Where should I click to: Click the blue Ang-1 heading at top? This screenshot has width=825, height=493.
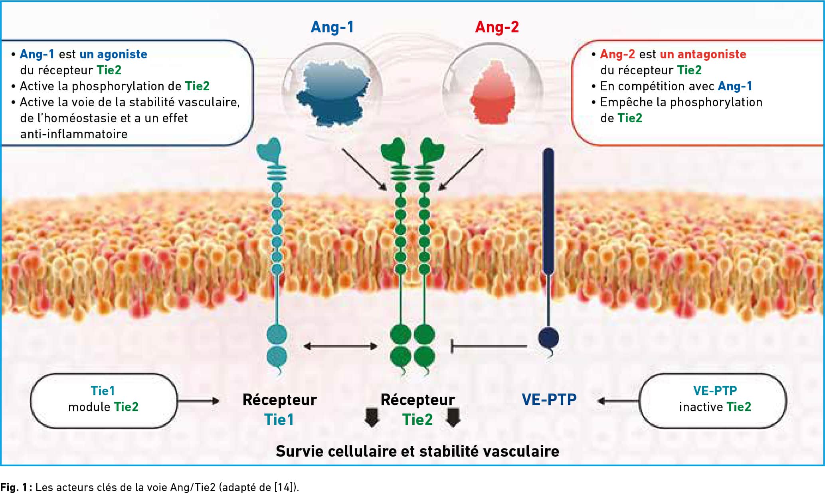(332, 28)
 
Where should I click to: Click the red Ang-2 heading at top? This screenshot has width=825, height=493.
(497, 28)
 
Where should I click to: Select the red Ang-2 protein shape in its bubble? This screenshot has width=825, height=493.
(493, 93)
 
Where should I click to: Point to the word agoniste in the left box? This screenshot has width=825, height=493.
(122, 55)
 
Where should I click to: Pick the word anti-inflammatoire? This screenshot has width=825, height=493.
(74, 134)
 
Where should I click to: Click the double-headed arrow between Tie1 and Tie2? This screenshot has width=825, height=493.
(340, 346)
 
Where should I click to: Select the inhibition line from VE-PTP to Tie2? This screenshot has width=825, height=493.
(489, 346)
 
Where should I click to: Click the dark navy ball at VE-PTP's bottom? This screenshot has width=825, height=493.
(548, 338)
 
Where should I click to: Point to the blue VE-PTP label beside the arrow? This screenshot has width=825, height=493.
(549, 400)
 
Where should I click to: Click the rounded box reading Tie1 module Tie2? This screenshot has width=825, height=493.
(104, 401)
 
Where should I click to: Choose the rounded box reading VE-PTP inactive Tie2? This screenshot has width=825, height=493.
(713, 401)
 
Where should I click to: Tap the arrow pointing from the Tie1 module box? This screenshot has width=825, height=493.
(199, 401)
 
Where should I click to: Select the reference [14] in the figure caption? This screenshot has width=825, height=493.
(285, 487)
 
